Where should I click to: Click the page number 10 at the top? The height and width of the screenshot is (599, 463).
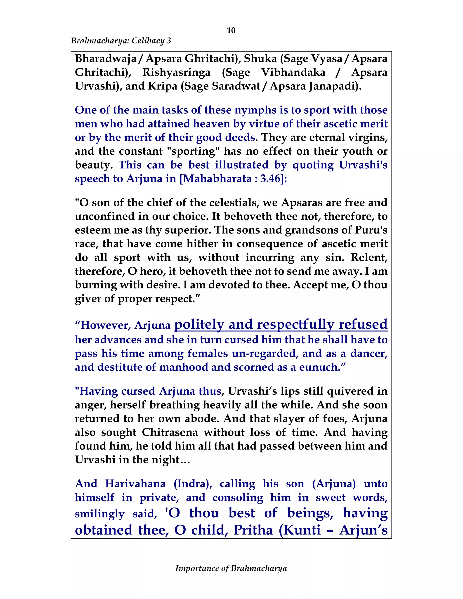tap(231, 31)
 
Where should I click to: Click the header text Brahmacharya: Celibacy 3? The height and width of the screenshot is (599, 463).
tap(121, 41)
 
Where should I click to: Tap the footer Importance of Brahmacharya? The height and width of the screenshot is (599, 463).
tap(231, 568)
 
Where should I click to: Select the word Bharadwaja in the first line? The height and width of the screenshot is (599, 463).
tap(106, 59)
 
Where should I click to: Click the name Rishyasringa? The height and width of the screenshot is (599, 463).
tap(176, 72)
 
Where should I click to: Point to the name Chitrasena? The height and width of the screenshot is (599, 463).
tap(170, 432)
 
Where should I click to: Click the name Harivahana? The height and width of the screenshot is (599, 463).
tap(135, 483)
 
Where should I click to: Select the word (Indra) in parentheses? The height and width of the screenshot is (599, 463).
tap(193, 483)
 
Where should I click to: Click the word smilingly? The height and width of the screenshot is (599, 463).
tap(99, 514)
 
